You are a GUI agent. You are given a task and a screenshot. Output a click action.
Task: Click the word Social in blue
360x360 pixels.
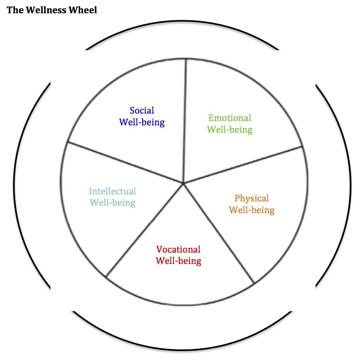[142, 110]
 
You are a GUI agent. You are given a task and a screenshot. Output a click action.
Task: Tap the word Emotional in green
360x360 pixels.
[230, 118]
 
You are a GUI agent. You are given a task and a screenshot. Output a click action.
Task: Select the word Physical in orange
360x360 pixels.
[251, 198]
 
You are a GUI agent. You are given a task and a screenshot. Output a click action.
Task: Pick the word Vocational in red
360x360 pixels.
[178, 250]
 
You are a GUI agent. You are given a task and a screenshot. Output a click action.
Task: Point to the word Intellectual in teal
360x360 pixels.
[112, 191]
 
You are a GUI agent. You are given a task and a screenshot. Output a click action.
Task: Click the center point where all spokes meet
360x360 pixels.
[184, 183]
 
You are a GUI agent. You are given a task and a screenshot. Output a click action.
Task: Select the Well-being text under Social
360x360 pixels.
[142, 122]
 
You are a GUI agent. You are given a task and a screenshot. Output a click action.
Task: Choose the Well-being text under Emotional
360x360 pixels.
[230, 130]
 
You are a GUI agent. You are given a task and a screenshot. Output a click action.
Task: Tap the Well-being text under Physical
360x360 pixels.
[251, 210]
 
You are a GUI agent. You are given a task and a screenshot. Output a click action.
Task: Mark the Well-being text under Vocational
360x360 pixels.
[178, 261]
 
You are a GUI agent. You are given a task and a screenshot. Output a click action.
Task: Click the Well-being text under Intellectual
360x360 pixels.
[112, 203]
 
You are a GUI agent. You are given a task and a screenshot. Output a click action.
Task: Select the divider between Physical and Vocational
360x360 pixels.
[219, 233]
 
